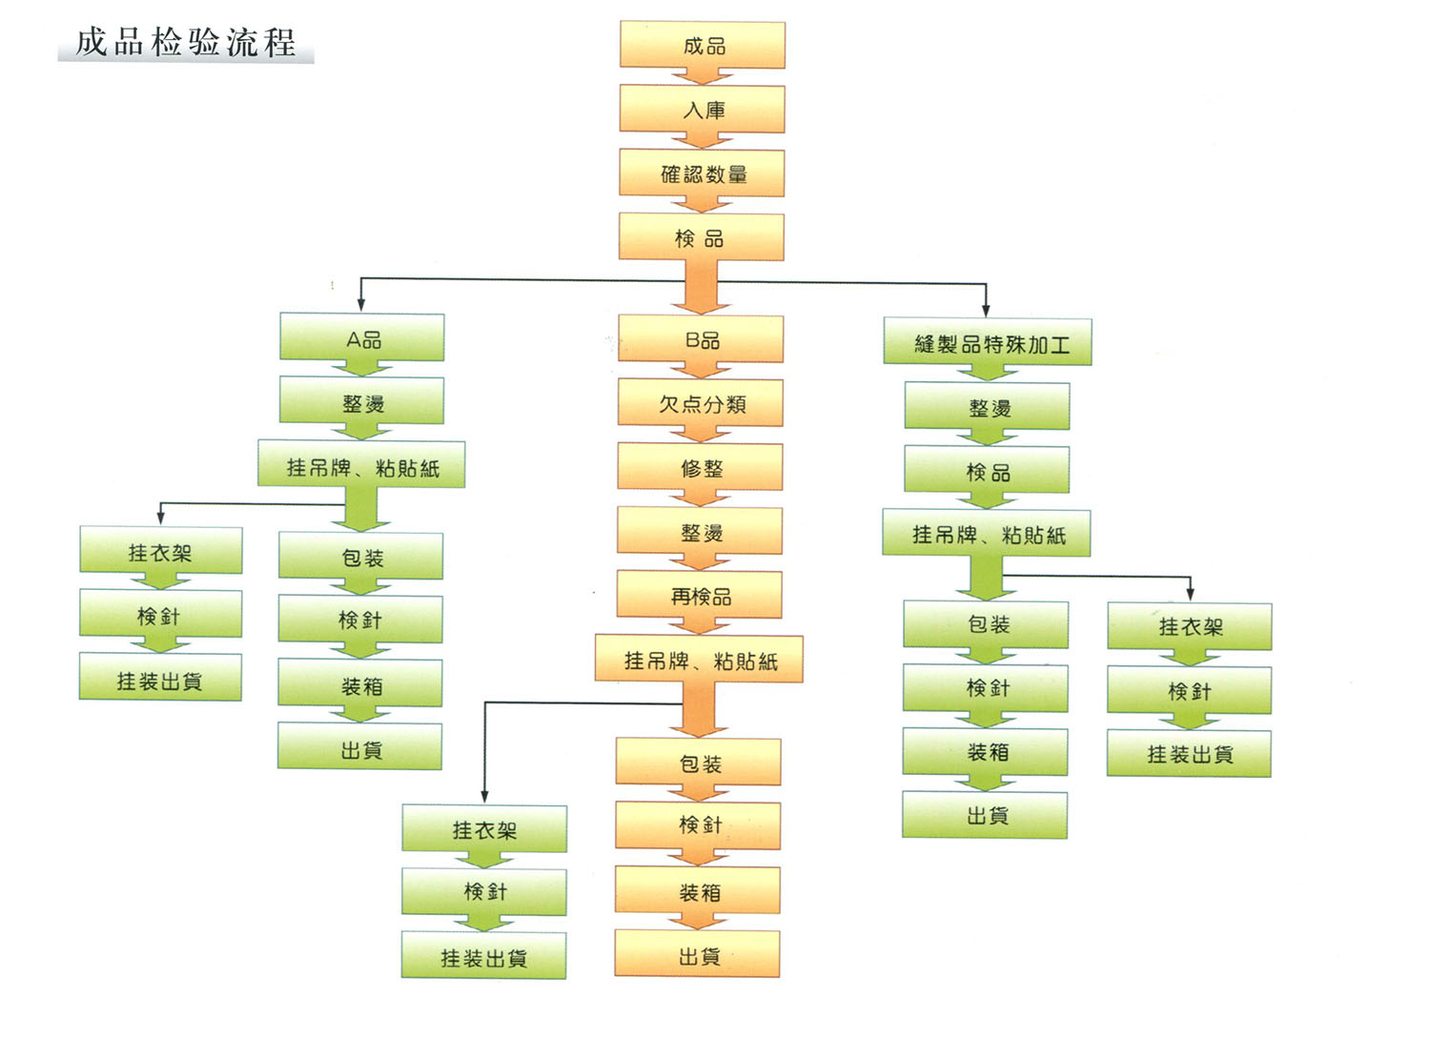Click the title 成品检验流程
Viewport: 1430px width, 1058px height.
coord(186,43)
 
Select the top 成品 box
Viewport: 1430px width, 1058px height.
coord(703,45)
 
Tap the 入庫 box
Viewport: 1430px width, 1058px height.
coord(703,109)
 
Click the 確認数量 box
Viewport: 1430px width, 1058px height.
coord(703,173)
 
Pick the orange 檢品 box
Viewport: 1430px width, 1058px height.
coord(702,236)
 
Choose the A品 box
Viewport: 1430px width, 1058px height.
coord(362,337)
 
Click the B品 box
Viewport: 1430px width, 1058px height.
coord(701,338)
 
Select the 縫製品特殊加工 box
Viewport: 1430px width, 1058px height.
coord(988,342)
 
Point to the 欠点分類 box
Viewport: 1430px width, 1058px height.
coord(701,402)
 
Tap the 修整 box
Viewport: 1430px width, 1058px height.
coord(701,467)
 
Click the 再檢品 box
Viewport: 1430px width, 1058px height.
coord(700,595)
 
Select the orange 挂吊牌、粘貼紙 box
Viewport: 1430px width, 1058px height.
coord(699,660)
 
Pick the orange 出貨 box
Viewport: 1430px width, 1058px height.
coord(697,954)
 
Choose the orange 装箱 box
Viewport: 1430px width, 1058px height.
coord(698,890)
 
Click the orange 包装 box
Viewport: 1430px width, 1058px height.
coord(699,762)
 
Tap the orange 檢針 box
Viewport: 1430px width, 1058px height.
coord(699,824)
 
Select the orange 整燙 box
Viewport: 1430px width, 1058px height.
coord(700,531)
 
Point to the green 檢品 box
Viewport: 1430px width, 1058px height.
coord(987,470)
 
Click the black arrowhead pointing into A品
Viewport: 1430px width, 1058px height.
coord(361,305)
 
